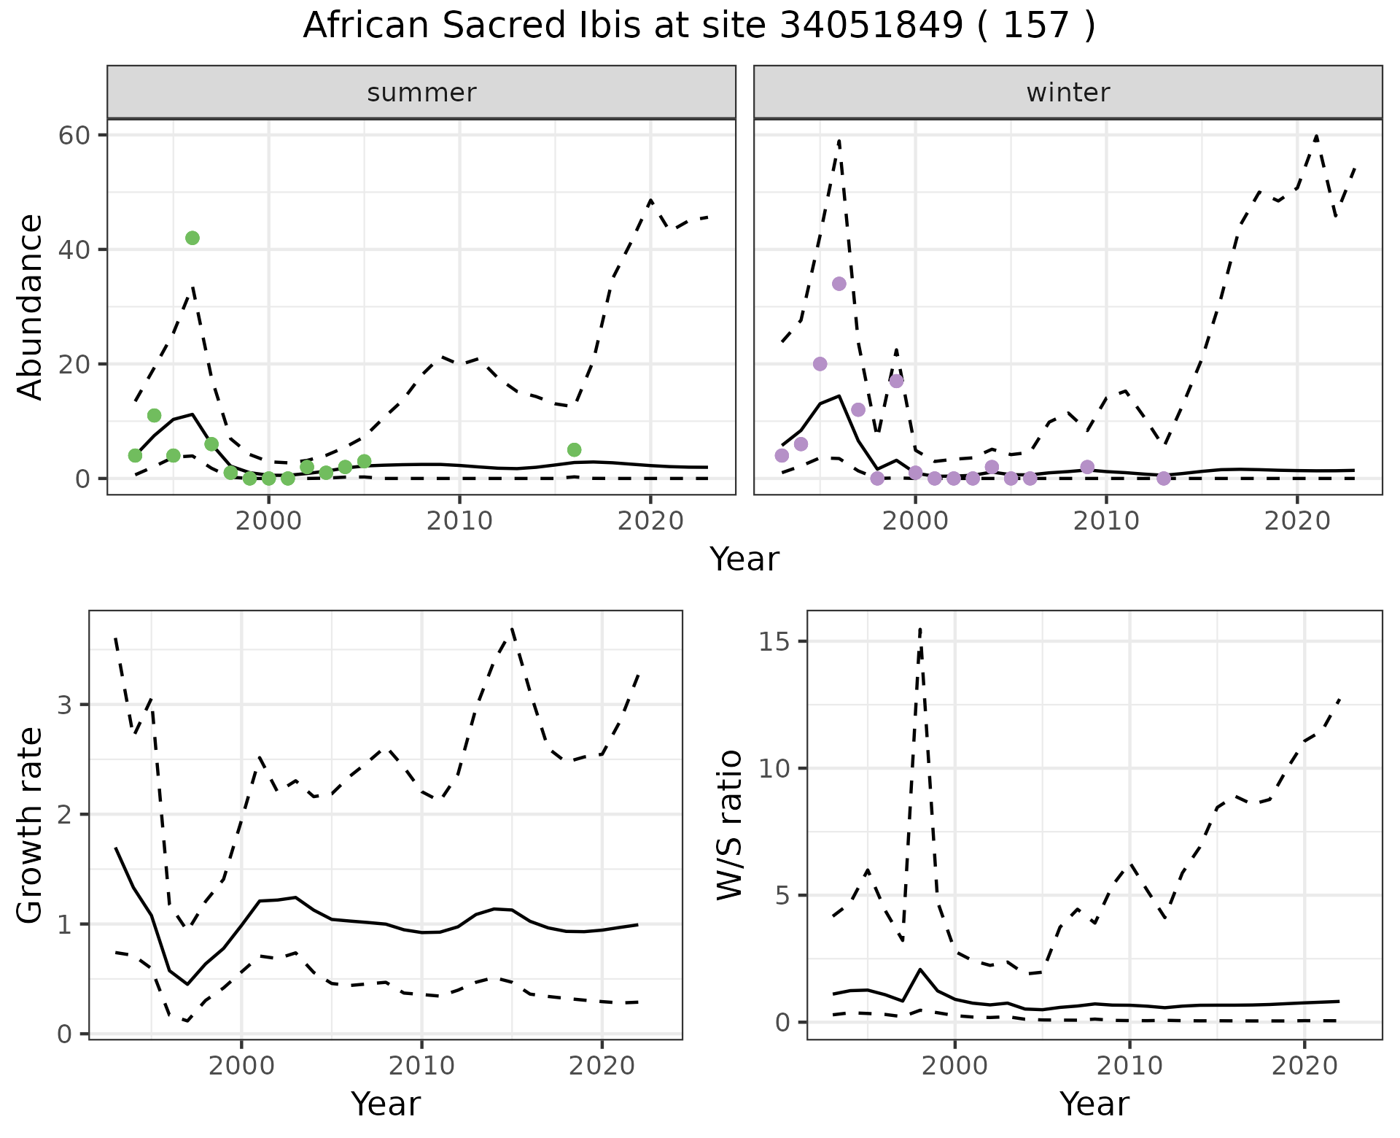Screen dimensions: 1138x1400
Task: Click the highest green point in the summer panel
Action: point(192,238)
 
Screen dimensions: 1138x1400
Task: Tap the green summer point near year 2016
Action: point(574,449)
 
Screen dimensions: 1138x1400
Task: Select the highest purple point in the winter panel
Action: point(839,284)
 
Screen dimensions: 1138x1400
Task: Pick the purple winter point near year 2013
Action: point(1164,479)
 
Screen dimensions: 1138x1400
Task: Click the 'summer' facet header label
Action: point(421,93)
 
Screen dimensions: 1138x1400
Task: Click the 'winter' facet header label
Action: point(1068,93)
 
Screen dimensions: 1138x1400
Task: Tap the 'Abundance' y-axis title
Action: point(31,306)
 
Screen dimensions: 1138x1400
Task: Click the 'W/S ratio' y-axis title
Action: point(730,824)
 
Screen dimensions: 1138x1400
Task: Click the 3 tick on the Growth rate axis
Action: point(66,705)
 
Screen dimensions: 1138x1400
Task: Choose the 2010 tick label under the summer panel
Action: point(459,521)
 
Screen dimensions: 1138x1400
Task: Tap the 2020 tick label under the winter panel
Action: point(1296,521)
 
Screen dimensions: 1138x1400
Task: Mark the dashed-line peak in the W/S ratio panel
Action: point(920,629)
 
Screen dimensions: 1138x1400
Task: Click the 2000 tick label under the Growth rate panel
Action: point(241,1066)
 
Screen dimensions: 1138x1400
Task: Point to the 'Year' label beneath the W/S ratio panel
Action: point(1094,1104)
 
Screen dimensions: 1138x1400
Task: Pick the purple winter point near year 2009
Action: point(1087,467)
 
